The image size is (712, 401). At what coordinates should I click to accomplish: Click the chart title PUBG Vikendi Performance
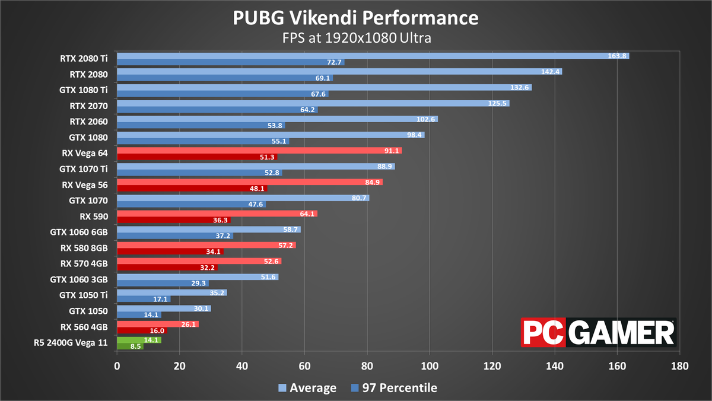coord(355,18)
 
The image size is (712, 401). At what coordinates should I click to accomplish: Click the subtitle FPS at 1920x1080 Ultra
coord(355,37)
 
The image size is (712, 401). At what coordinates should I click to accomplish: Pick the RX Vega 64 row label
coord(84,152)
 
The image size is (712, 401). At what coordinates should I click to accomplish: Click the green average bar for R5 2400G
coord(139,340)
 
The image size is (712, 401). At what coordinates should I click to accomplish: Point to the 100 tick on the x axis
coord(430,367)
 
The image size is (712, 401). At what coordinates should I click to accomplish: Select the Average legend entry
coord(308,388)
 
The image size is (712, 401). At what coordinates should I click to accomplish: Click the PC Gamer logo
coord(598,332)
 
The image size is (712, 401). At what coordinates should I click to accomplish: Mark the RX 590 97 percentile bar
coord(173,220)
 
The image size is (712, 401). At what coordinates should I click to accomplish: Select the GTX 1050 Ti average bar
coord(171,292)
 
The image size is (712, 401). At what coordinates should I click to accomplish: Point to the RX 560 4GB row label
coord(84,326)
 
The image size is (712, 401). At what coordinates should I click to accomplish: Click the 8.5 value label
coord(136,346)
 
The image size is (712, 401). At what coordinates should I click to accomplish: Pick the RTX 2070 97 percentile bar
coord(217,109)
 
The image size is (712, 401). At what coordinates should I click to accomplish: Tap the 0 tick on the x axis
coord(117,367)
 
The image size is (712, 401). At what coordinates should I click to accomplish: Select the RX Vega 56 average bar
coord(249,182)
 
